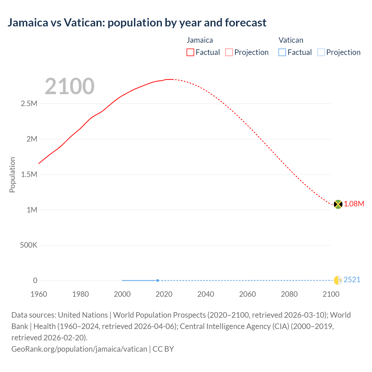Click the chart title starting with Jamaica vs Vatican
click(137, 23)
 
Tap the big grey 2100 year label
click(69, 86)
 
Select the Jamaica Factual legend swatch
click(190, 52)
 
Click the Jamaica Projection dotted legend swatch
click(229, 52)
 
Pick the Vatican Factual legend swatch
click(282, 52)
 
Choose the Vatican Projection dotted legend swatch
click(321, 52)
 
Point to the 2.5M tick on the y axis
click(29, 103)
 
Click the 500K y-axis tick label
click(28, 245)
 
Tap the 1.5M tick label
click(29, 174)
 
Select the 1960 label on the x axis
click(39, 294)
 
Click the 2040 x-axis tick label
click(206, 294)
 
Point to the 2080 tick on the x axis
click(289, 294)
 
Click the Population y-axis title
click(12, 175)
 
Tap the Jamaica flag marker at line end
click(338, 204)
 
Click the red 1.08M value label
click(354, 204)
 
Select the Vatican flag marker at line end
click(338, 280)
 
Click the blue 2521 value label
click(352, 280)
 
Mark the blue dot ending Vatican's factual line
click(158, 280)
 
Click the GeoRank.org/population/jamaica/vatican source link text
click(79, 349)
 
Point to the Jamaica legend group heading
click(200, 40)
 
